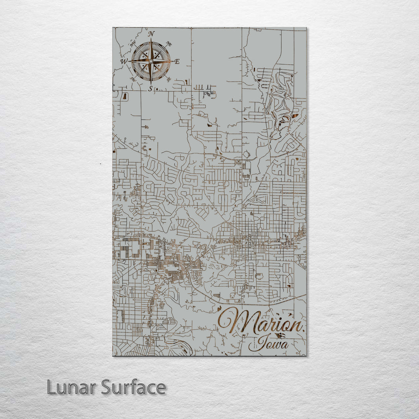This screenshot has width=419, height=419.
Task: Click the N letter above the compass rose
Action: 151,33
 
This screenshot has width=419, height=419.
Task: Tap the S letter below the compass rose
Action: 151,88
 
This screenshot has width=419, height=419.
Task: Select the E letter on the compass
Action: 177,61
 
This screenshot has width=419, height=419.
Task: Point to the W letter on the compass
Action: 124,61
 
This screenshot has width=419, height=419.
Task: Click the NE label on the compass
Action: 169,44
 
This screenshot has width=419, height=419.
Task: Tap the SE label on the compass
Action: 168,79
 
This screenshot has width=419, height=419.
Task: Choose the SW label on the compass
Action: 133,79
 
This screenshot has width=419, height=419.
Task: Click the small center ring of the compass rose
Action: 151,61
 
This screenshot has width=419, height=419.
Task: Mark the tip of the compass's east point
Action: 173,61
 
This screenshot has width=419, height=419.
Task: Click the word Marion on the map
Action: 260,322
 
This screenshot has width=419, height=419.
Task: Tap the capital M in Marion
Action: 233,322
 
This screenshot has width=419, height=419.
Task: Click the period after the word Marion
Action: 303,330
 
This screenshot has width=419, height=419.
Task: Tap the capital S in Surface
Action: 107,387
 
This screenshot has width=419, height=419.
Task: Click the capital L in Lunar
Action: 51,387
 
